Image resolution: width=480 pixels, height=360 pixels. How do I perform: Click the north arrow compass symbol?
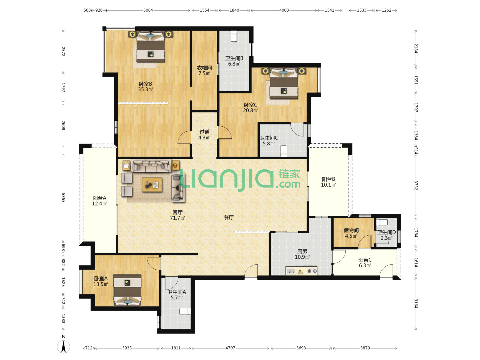pyautogui.click(x=63, y=346)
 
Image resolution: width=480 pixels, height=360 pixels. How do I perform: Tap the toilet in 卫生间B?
pyautogui.click(x=234, y=36)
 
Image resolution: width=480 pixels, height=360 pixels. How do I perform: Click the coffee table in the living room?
pyautogui.click(x=152, y=185)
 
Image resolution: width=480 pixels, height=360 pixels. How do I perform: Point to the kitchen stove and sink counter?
pyautogui.click(x=301, y=271)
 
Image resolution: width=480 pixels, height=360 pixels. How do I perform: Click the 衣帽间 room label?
pyautogui.click(x=204, y=68)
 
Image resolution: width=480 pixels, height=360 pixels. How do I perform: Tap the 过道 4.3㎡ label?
pyautogui.click(x=204, y=135)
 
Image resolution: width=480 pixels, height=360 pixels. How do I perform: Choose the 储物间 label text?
pyautogui.click(x=351, y=230)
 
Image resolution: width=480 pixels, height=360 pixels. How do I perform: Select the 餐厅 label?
pyautogui.click(x=229, y=217)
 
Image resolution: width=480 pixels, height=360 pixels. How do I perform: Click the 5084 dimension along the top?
pyautogui.click(x=148, y=10)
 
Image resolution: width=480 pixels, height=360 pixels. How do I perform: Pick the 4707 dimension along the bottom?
pyautogui.click(x=230, y=348)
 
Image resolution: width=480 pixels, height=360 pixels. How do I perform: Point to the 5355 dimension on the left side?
pyautogui.click(x=63, y=198)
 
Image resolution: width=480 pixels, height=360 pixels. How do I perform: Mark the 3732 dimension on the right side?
pyautogui.click(x=416, y=185)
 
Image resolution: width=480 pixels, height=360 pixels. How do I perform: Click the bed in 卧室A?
pyautogui.click(x=127, y=290)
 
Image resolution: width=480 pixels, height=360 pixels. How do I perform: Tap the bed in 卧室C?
pyautogui.click(x=283, y=83)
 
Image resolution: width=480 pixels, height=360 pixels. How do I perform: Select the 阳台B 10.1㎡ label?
pyautogui.click(x=328, y=182)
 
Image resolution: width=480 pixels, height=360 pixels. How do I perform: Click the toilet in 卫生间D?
pyautogui.click(x=382, y=223)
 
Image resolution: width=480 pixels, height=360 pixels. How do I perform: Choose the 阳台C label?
pyautogui.click(x=365, y=260)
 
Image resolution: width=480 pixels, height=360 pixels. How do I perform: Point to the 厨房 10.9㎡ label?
pyautogui.click(x=302, y=254)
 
